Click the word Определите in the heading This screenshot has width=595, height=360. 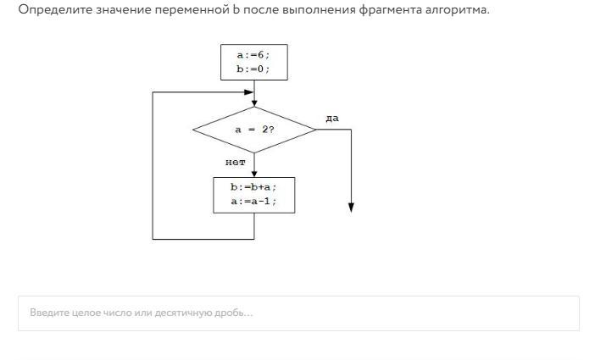pyautogui.click(x=55, y=10)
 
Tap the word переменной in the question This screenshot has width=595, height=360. pyautogui.click(x=192, y=10)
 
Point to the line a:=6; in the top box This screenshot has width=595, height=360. pyautogui.click(x=253, y=55)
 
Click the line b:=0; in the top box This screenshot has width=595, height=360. pyautogui.click(x=253, y=69)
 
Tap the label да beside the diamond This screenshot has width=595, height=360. pyautogui.click(x=332, y=119)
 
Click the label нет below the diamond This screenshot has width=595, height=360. pyautogui.click(x=236, y=163)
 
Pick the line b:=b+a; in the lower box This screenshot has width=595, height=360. pyautogui.click(x=253, y=187)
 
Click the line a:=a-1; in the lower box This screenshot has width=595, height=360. pyautogui.click(x=253, y=201)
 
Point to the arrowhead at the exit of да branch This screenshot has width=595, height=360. pyautogui.click(x=351, y=208)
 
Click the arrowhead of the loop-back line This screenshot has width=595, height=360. pyautogui.click(x=249, y=92)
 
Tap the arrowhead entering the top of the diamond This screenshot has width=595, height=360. pyautogui.click(x=254, y=103)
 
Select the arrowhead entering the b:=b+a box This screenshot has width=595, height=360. pyautogui.click(x=254, y=174)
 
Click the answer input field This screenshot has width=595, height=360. pyautogui.click(x=298, y=313)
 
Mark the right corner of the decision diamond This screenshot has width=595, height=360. pyautogui.click(x=315, y=130)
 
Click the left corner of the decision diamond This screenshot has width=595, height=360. pyautogui.click(x=192, y=130)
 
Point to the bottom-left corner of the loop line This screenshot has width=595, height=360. pyautogui.click(x=153, y=239)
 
